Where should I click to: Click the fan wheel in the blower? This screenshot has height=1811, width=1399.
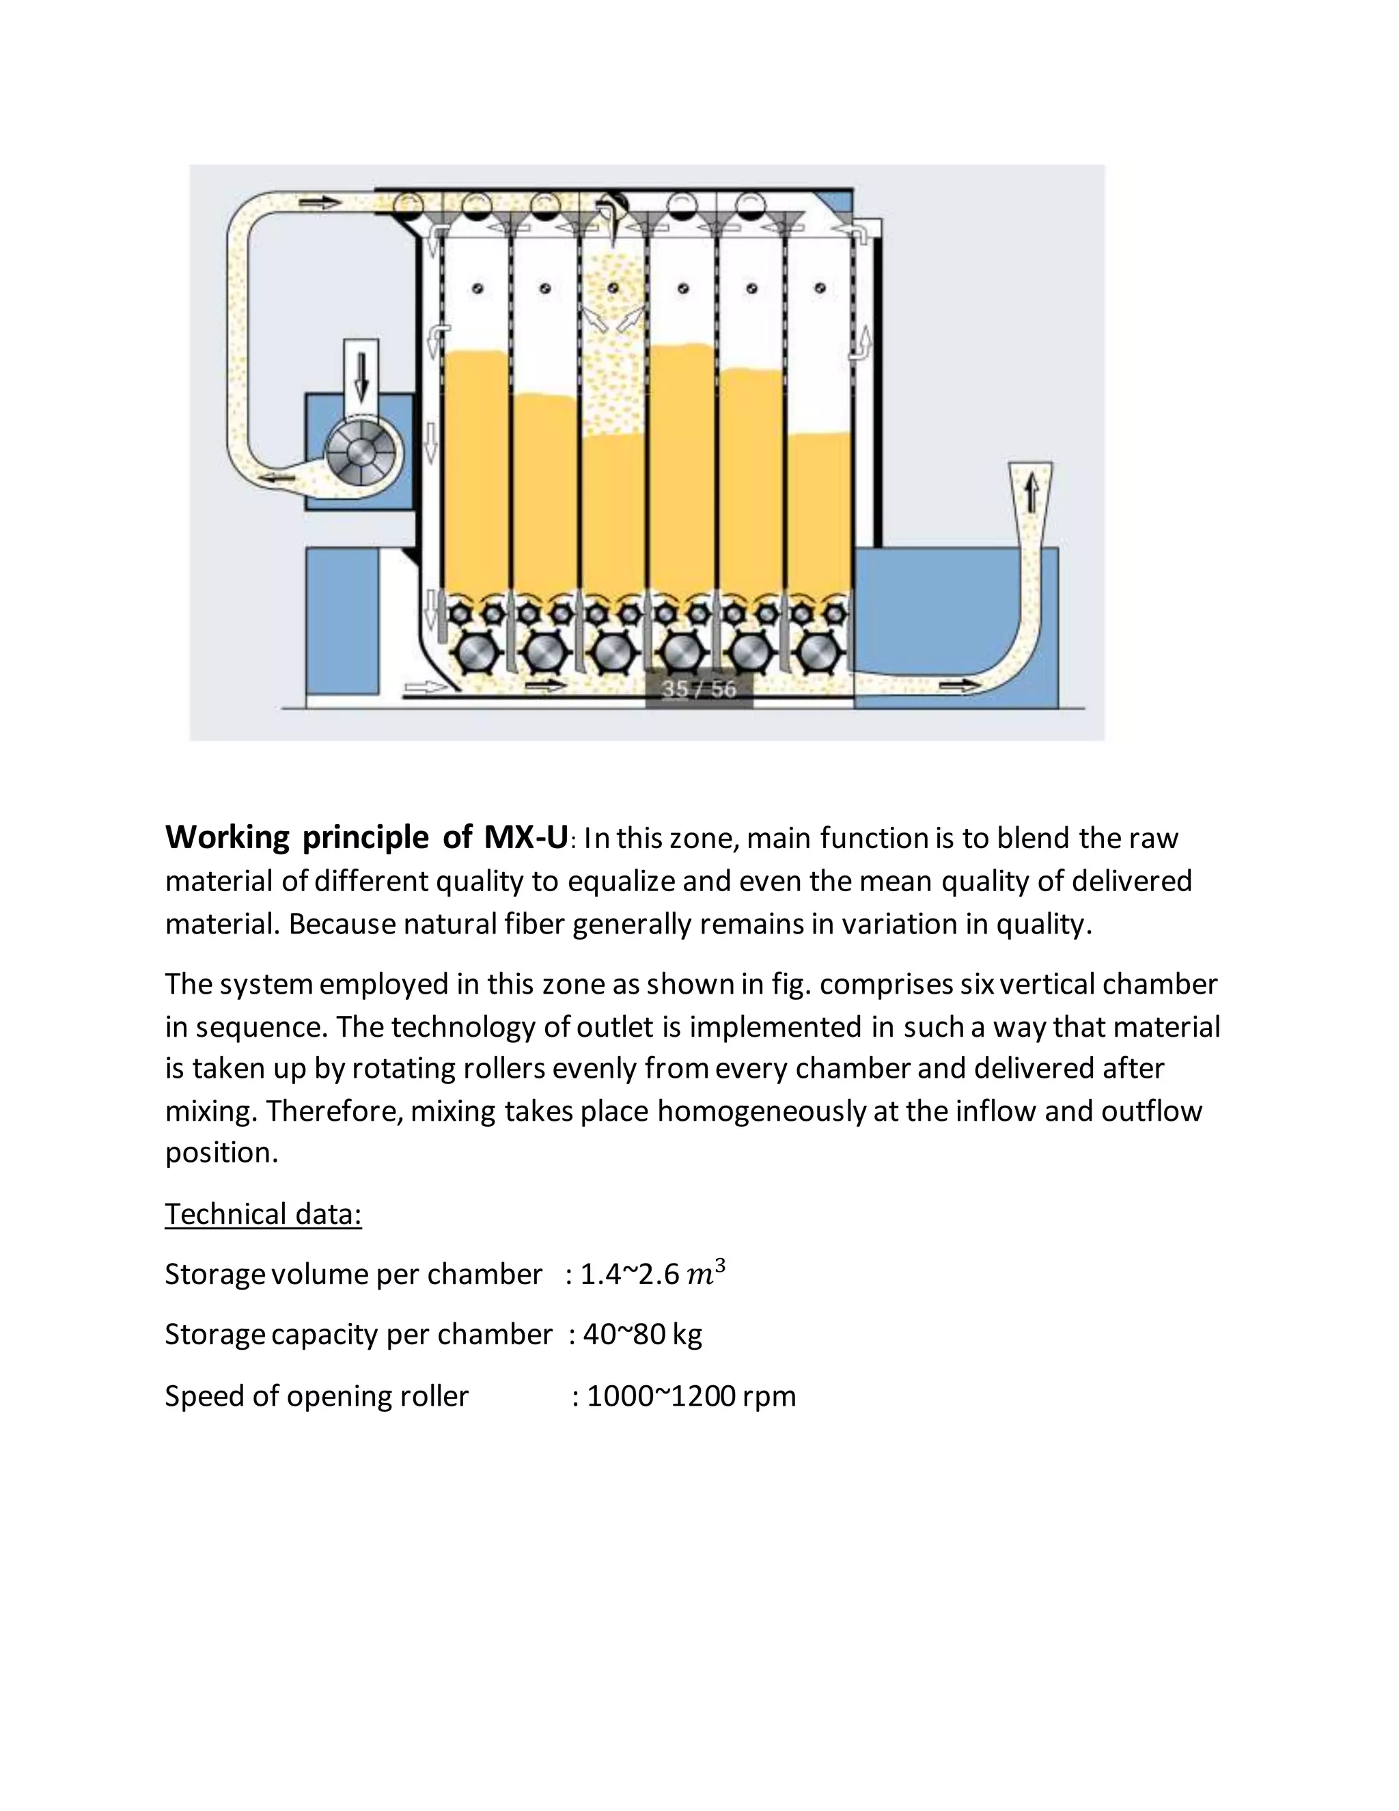pos(361,452)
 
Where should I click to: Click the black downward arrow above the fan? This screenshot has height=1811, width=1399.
pos(361,377)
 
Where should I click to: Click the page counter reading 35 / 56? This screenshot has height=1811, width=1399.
pos(699,689)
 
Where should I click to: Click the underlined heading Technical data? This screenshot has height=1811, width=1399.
pos(264,1214)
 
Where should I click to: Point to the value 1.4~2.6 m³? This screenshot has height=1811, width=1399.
pos(652,1274)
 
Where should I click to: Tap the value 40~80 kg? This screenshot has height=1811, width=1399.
pos(642,1334)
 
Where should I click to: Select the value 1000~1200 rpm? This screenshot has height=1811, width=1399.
pos(691,1396)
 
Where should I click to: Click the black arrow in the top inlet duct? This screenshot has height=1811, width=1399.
pos(319,202)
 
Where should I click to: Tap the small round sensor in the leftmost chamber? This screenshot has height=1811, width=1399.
pos(477,288)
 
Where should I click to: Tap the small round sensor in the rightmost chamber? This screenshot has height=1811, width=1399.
pos(820,288)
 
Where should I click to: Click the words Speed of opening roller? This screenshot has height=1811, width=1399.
pos(316,1396)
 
